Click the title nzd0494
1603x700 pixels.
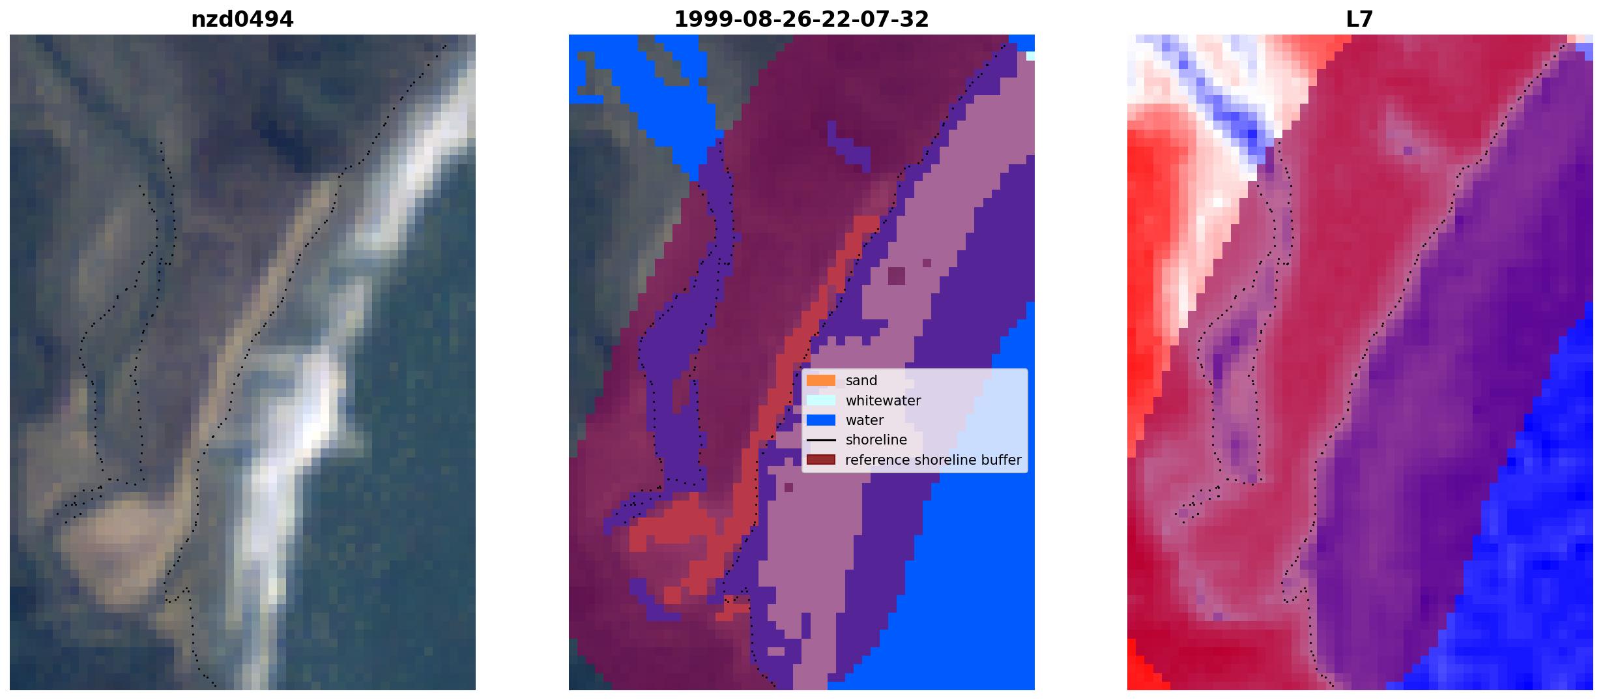click(x=242, y=20)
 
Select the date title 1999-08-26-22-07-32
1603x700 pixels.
click(x=801, y=20)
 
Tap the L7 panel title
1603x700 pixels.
click(x=1359, y=20)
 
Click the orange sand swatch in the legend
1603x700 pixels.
click(x=820, y=381)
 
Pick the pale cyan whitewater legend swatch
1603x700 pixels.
click(x=820, y=400)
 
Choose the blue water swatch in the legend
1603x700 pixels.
click(x=820, y=420)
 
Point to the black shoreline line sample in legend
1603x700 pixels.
click(x=820, y=440)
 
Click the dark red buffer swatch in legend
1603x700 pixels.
click(x=820, y=460)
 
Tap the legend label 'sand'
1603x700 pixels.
click(x=861, y=381)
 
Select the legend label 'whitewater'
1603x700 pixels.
click(x=883, y=401)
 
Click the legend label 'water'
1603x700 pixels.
click(x=865, y=420)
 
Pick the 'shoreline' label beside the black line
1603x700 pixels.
click(x=876, y=440)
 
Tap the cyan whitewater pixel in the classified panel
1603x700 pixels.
click(x=1030, y=56)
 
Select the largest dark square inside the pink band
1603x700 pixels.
click(x=896, y=276)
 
